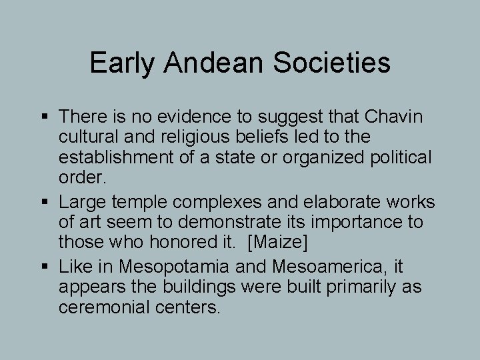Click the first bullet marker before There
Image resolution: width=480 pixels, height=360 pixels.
point(45,117)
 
